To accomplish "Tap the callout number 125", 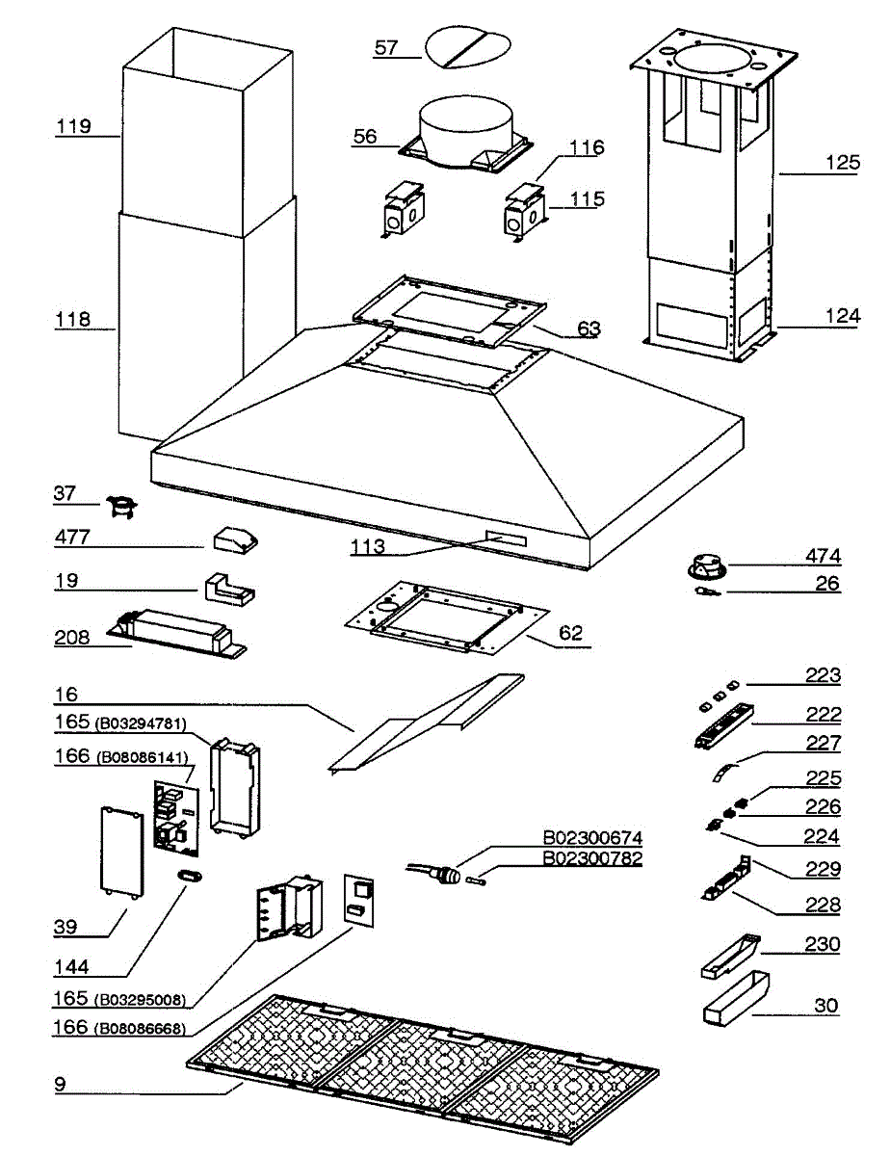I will [x=841, y=163].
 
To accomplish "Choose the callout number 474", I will [x=823, y=556].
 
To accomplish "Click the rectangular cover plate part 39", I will [x=121, y=849].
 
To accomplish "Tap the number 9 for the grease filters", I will [x=60, y=1082].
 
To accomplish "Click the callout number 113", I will [x=369, y=547].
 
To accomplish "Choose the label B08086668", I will [x=141, y=1029].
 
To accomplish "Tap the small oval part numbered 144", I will [x=189, y=874].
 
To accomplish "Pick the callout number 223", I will [x=823, y=676].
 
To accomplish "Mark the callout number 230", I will [x=823, y=945].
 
